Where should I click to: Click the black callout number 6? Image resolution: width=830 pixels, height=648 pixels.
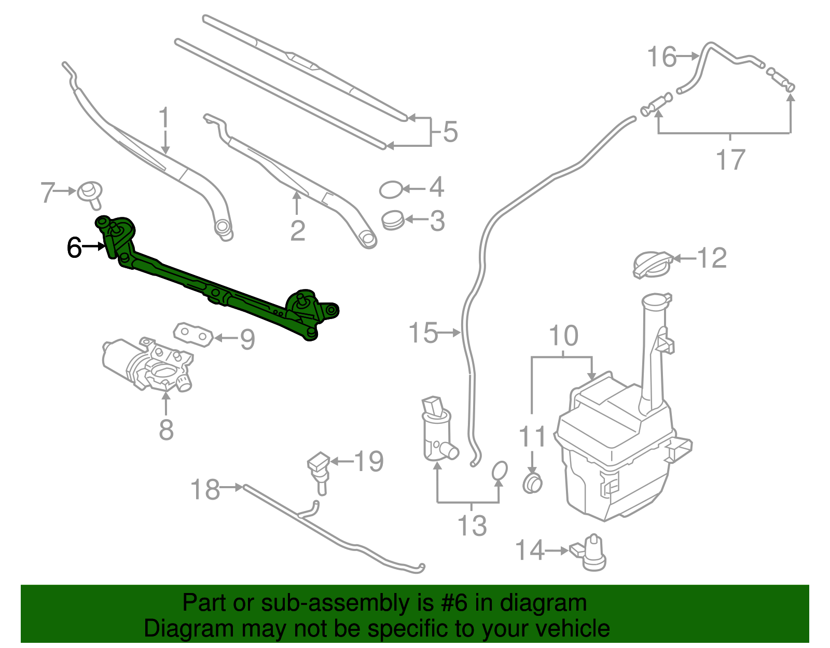pyautogui.click(x=74, y=247)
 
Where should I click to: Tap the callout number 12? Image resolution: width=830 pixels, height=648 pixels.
pyautogui.click(x=712, y=258)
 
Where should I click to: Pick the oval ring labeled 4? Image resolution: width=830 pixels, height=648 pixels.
pyautogui.click(x=391, y=190)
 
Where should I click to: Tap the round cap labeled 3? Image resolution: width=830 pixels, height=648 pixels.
pyautogui.click(x=393, y=220)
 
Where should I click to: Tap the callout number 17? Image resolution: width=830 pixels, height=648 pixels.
pyautogui.click(x=730, y=159)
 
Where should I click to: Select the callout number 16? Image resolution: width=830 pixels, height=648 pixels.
pyautogui.click(x=662, y=57)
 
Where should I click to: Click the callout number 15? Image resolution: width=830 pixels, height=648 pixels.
pyautogui.click(x=423, y=333)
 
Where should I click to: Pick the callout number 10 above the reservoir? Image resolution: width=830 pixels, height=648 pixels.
pyautogui.click(x=563, y=336)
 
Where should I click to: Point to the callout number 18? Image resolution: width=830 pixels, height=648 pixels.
pyautogui.click(x=205, y=490)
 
